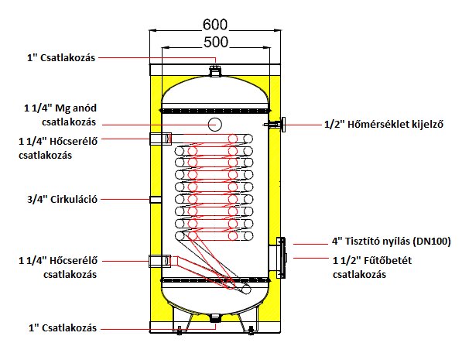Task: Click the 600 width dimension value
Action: tap(215, 25)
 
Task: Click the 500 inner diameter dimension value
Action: tap(216, 42)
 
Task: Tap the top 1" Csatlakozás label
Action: tap(61, 58)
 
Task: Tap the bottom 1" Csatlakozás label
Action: tap(63, 327)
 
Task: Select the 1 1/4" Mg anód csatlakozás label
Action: tap(60, 115)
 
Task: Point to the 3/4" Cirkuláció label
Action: tap(62, 199)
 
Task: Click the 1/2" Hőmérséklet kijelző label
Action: tap(384, 125)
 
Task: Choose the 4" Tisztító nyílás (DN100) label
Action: tap(392, 242)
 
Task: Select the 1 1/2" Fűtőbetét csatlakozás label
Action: tap(372, 267)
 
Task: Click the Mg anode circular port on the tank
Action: tap(214, 125)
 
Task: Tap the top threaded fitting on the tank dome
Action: tap(215, 71)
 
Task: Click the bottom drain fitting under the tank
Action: tap(215, 318)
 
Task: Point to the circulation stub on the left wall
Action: tap(156, 200)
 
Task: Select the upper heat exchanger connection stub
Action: tap(161, 139)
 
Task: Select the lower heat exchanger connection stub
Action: tap(159, 261)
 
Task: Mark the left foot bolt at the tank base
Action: tap(179, 331)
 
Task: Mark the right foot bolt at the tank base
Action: tap(251, 331)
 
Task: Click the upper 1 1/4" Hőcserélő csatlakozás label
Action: tap(58, 148)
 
